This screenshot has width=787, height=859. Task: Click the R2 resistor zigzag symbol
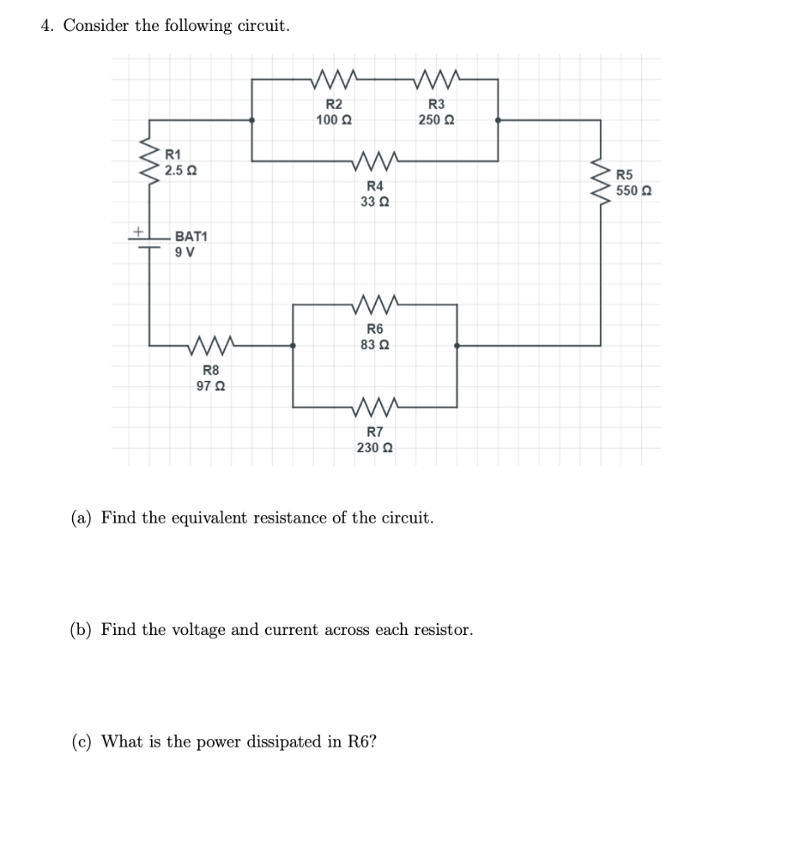click(334, 80)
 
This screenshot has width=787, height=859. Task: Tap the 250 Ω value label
click(437, 120)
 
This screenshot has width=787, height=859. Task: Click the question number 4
click(47, 26)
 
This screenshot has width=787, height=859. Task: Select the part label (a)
click(81, 517)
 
